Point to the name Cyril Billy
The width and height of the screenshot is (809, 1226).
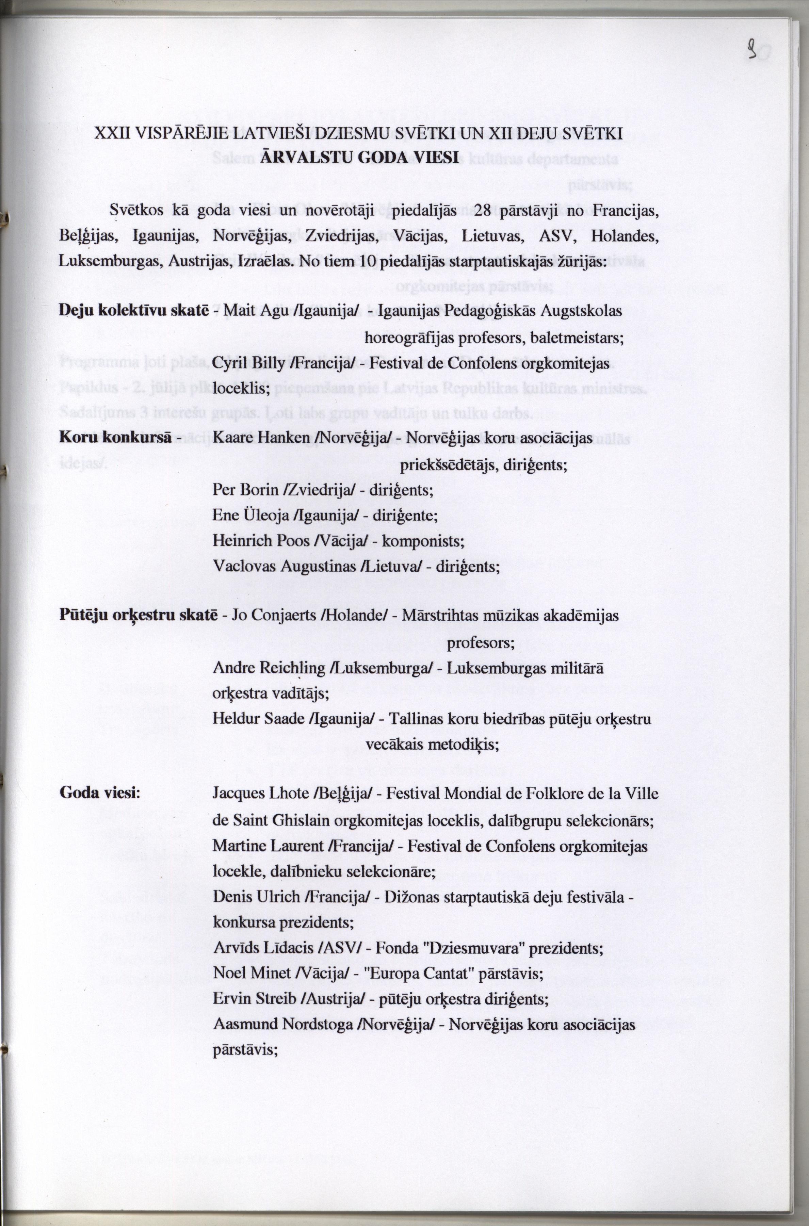point(248,364)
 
